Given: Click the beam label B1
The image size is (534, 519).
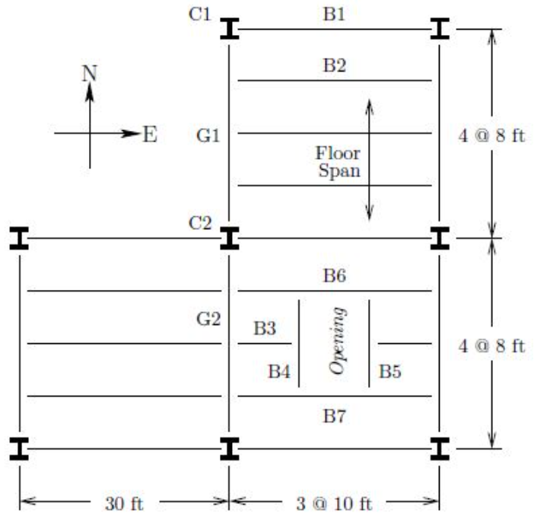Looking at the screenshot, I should [334, 13].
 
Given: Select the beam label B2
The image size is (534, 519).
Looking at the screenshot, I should [334, 65].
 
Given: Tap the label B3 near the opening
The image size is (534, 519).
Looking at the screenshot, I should [265, 329].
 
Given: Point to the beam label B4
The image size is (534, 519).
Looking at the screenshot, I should [279, 372].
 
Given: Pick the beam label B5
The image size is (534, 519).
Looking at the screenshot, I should [390, 372].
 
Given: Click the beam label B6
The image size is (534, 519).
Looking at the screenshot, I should [334, 275].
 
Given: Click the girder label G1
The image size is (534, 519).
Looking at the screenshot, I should [208, 136].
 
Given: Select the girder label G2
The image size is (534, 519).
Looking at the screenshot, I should [208, 319].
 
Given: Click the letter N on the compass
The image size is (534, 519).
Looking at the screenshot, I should [90, 73].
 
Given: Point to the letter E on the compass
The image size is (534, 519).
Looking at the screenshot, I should [149, 135].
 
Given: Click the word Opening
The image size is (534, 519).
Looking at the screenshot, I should [335, 340].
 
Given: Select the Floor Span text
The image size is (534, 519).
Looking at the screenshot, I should [339, 161].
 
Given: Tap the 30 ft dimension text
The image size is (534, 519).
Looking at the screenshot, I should [123, 503].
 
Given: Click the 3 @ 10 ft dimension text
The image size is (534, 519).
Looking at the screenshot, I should [335, 503].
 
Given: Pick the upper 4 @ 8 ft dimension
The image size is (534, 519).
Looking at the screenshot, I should [492, 140].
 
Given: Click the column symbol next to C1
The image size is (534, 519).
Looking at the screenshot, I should [229, 30].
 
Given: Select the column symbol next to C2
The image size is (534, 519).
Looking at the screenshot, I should [229, 238].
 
